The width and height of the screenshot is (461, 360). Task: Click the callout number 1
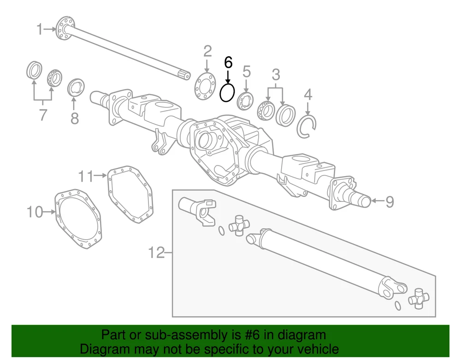point(40,30)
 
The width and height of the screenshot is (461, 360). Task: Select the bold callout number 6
point(228,62)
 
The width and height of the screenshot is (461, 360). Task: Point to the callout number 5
point(247,71)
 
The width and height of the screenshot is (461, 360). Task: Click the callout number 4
point(308,95)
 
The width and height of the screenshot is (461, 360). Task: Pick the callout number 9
point(390,201)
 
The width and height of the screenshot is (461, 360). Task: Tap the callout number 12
point(157,253)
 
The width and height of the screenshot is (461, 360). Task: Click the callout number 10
point(35,212)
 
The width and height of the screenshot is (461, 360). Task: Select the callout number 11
point(86,176)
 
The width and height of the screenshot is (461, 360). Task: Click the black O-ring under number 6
point(227,93)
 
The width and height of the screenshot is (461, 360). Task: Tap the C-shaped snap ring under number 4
point(306,126)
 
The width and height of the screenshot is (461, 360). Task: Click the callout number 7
point(43,114)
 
